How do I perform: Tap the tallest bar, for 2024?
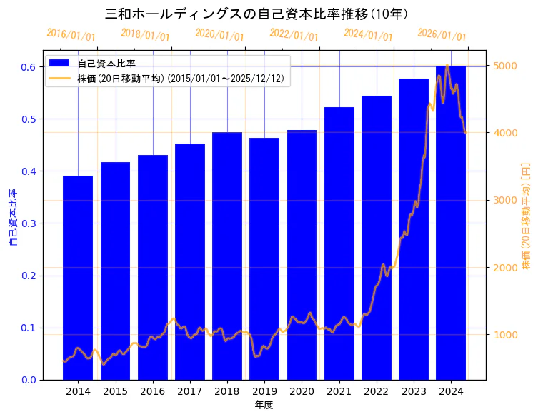pos(451,222)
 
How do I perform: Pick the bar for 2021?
pos(339,243)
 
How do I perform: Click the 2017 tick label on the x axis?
pos(190,391)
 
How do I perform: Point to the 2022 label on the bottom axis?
pos(377,391)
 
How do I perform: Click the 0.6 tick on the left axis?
pos(28,67)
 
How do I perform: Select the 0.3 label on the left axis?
pos(28,223)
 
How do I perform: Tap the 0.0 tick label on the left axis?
pos(28,380)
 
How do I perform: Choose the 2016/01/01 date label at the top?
pos(71,35)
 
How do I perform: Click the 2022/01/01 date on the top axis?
pos(294,35)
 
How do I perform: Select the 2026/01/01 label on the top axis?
pos(442,35)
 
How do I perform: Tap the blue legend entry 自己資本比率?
pos(106,64)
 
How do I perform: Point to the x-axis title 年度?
pos(264,405)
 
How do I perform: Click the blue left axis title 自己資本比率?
pos(12,217)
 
